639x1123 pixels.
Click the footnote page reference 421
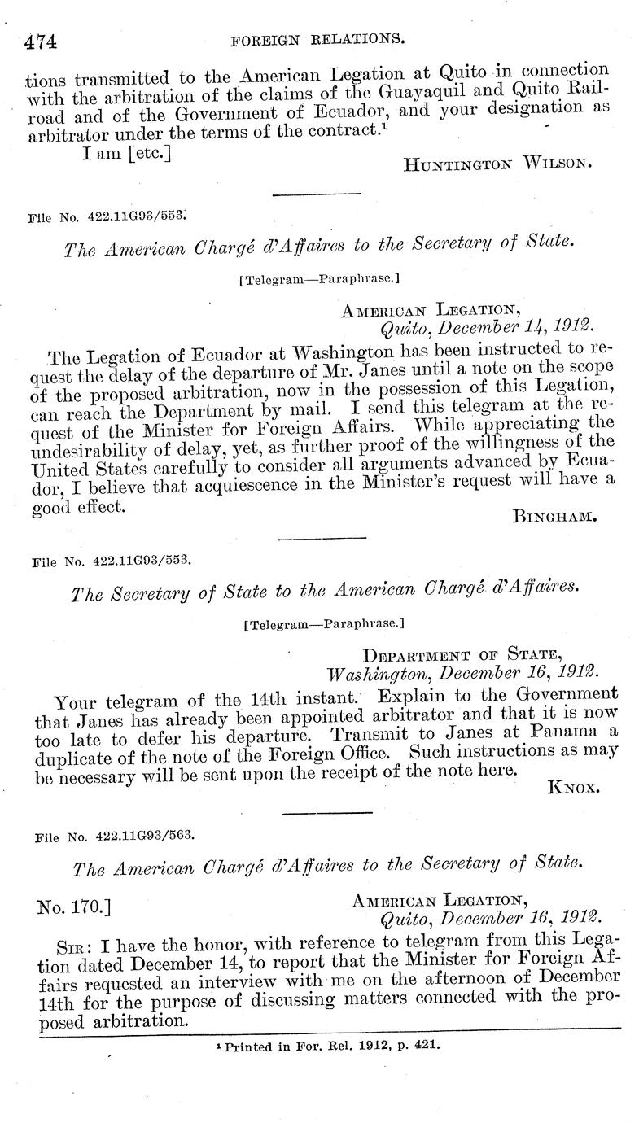[426, 1046]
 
